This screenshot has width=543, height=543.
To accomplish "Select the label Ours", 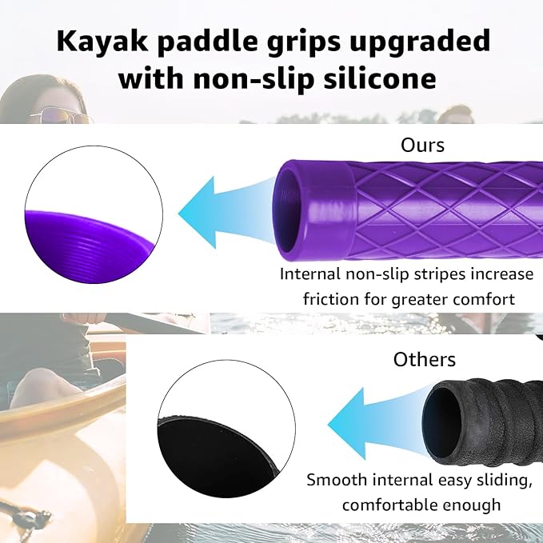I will [422, 146].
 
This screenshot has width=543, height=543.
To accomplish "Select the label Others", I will [424, 359].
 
